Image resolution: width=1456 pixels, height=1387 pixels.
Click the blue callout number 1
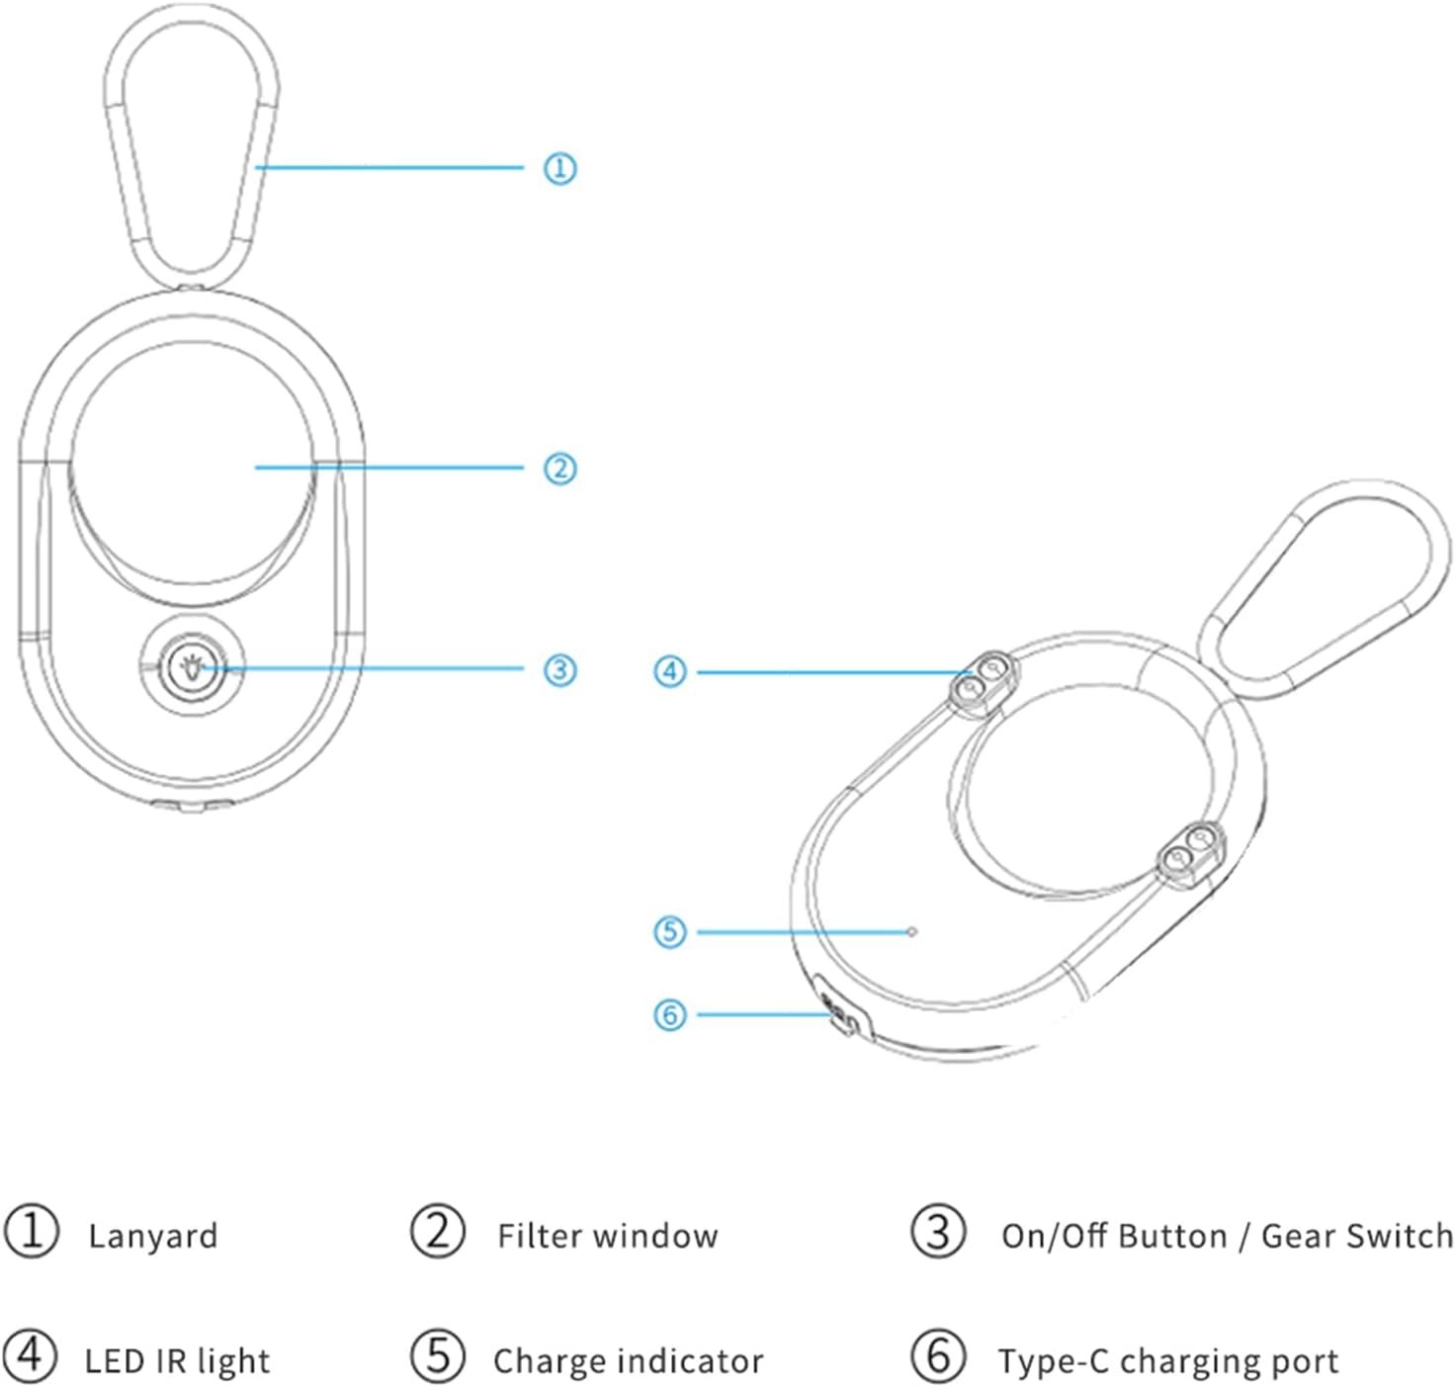pos(559,168)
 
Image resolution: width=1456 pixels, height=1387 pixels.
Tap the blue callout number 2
pos(559,469)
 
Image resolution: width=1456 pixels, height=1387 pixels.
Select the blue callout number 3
pos(559,670)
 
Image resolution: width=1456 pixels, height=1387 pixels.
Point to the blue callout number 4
pos(669,672)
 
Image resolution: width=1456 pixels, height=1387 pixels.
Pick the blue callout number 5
pos(669,931)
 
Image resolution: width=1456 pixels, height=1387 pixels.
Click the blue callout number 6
pos(669,1014)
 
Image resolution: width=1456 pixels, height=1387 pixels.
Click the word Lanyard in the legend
pos(153,1237)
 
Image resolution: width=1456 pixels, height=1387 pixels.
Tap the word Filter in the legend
pos(538,1235)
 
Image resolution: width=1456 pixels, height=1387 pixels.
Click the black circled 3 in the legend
pos(938,1232)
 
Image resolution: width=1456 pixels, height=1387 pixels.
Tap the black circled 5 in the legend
pos(438,1356)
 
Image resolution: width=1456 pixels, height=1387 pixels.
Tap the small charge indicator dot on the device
pos(911,931)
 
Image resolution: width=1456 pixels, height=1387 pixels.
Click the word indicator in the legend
pos(690,1361)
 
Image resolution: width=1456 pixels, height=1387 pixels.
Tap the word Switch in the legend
pos(1400,1235)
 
